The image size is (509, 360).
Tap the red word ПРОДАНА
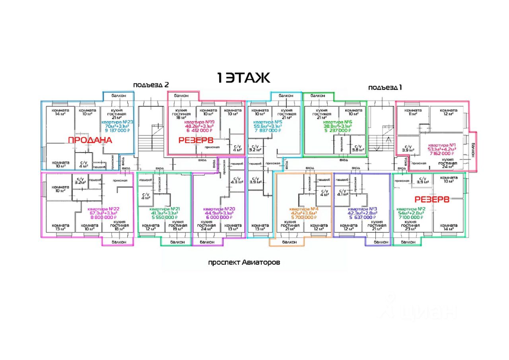90,140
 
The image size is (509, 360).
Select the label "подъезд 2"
151,85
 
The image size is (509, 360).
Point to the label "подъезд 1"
385,87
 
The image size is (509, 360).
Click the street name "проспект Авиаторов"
244,263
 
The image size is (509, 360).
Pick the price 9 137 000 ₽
117,130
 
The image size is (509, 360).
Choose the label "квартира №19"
198,122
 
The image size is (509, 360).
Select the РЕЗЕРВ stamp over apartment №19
196,140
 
